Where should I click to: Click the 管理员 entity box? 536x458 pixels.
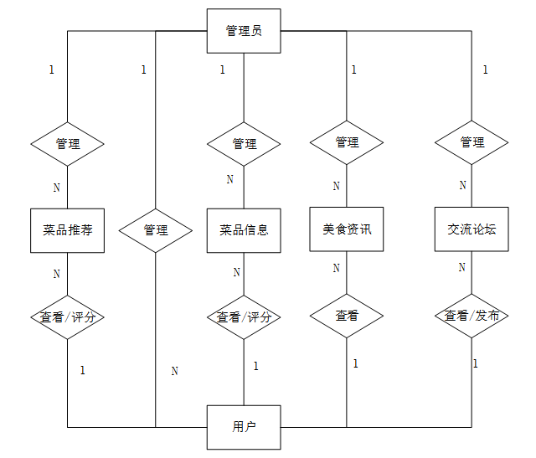pyautogui.click(x=244, y=31)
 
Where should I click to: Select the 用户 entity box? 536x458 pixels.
pyautogui.click(x=244, y=427)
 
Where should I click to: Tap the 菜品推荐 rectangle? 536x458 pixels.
pyautogui.click(x=67, y=230)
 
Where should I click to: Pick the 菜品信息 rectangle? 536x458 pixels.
pyautogui.click(x=244, y=230)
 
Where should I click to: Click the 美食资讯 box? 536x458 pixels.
pyautogui.click(x=347, y=229)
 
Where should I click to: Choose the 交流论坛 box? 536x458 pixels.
pyautogui.click(x=472, y=229)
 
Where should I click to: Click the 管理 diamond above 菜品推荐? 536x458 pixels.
pyautogui.click(x=67, y=144)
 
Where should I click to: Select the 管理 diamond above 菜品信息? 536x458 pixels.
pyautogui.click(x=244, y=144)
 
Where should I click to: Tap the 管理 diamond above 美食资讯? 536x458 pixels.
pyautogui.click(x=347, y=142)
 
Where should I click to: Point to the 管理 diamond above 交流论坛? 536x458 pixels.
pyautogui.click(x=472, y=142)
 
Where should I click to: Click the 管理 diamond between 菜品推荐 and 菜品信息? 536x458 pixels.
pyautogui.click(x=156, y=230)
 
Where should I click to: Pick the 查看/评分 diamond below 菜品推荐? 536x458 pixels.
pyautogui.click(x=67, y=317)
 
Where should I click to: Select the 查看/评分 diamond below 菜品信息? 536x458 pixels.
pyautogui.click(x=244, y=317)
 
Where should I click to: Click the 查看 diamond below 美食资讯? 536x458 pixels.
pyautogui.click(x=347, y=316)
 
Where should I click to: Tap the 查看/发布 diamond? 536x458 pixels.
pyautogui.click(x=472, y=316)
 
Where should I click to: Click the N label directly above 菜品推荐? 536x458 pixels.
pyautogui.click(x=57, y=188)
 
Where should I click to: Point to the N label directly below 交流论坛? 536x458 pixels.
pyautogui.click(x=462, y=267)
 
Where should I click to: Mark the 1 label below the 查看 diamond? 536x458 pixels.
pyautogui.click(x=355, y=363)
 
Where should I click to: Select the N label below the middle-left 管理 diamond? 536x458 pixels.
pyautogui.click(x=175, y=371)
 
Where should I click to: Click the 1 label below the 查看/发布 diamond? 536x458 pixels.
pyautogui.click(x=476, y=363)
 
